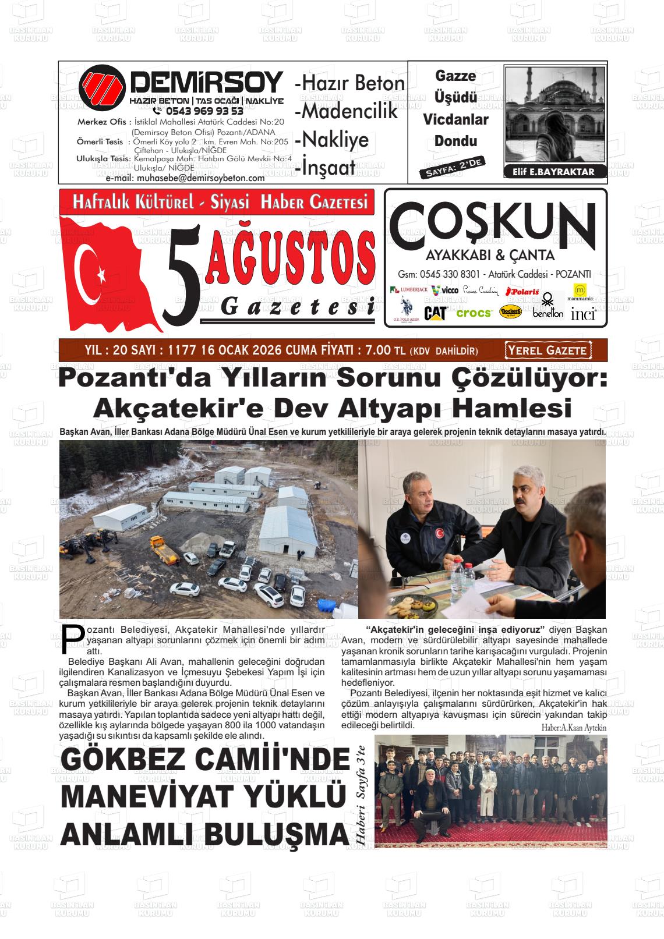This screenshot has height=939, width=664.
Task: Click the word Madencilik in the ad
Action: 348,111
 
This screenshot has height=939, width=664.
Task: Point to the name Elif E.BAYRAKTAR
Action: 553,172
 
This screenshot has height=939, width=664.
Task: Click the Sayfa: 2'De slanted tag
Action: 451,167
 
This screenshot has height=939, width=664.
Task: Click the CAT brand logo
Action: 435,313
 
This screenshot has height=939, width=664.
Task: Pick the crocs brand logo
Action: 474,313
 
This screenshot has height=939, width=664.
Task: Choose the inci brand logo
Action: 583,314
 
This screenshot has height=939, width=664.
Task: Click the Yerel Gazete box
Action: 548,350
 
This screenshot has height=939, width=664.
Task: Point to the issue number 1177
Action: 182,350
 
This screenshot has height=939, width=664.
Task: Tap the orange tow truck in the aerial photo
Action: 163,550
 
